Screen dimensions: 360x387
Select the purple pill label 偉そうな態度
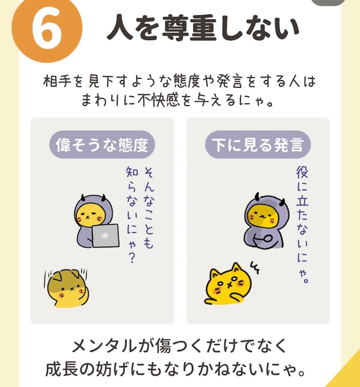tap(102, 145)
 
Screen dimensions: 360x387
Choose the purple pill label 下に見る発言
tap(258, 145)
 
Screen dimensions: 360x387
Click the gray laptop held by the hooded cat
tap(105, 236)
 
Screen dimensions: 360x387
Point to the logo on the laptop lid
tap(105, 236)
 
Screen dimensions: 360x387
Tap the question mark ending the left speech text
tap(132, 258)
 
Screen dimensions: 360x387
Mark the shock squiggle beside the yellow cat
tap(255, 267)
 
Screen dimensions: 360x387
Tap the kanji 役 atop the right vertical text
tap(303, 172)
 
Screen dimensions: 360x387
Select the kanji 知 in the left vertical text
tap(132, 172)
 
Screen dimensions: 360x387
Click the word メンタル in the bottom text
tap(104, 345)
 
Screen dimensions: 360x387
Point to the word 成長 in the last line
tap(62, 369)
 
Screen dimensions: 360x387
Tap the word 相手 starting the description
tap(57, 81)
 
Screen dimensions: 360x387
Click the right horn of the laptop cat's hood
tap(103, 197)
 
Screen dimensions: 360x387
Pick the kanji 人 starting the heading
tap(120, 27)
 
